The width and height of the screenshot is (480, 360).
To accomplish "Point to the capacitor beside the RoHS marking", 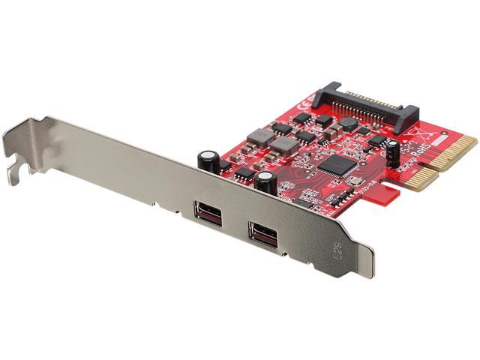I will (392, 150).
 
